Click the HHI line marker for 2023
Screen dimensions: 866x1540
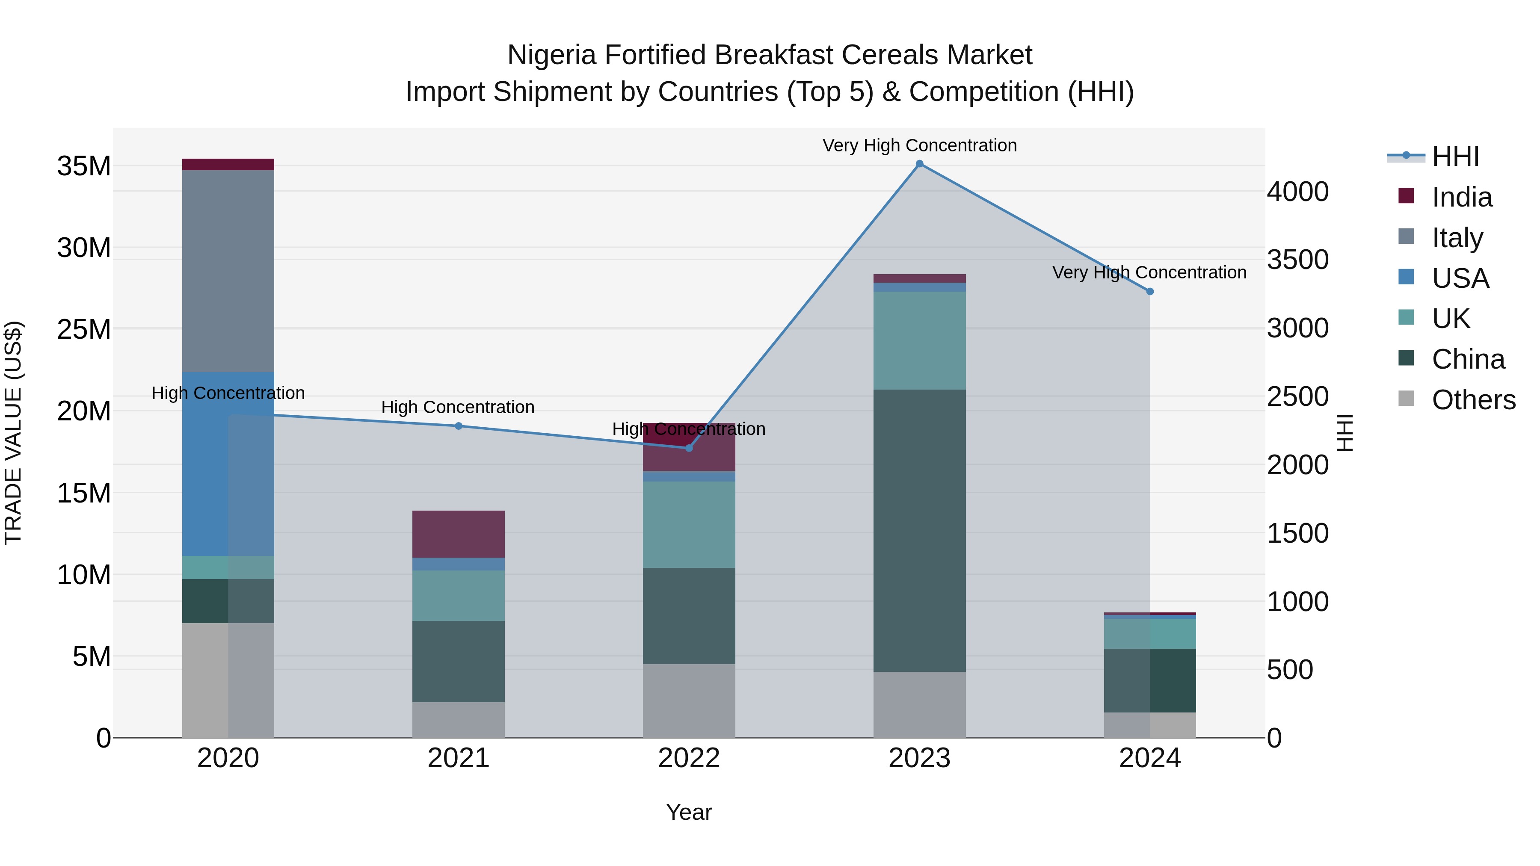(x=919, y=164)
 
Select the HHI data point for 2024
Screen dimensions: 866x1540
(x=1149, y=292)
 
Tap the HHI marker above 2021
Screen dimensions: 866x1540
(x=459, y=426)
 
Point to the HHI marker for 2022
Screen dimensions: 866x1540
(x=689, y=448)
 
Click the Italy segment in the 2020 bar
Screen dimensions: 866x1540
(x=228, y=271)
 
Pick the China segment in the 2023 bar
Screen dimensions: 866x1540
(x=919, y=531)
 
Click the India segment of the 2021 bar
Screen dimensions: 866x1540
(x=459, y=534)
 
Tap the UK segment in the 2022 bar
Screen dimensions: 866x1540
(x=689, y=525)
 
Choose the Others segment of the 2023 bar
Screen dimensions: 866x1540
(x=919, y=705)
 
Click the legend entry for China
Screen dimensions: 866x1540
(x=1468, y=359)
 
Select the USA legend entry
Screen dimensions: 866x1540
(x=1460, y=278)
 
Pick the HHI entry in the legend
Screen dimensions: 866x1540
(x=1455, y=157)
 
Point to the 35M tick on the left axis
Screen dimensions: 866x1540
(x=84, y=166)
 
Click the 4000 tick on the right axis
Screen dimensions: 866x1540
(x=1297, y=192)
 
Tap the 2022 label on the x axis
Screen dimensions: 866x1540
(x=689, y=758)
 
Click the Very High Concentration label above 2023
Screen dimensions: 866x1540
(x=919, y=145)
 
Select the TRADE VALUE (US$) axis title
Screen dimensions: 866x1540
(x=13, y=433)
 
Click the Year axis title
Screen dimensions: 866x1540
(x=689, y=812)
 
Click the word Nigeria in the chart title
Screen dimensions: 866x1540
(x=551, y=55)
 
